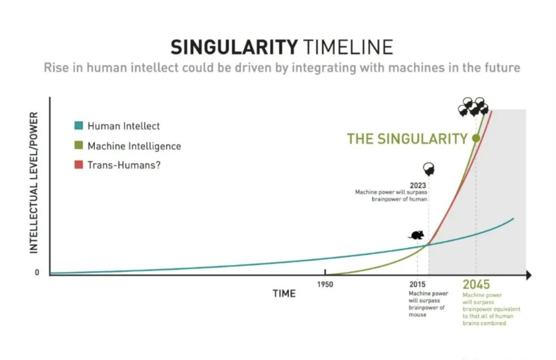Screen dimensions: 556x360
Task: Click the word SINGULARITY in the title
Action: tap(234, 47)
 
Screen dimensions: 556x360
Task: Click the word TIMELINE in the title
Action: tap(349, 47)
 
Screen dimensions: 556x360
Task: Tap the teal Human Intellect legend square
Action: tap(79, 126)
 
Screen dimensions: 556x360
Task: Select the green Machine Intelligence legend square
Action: tap(79, 145)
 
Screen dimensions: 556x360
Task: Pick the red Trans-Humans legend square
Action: tap(79, 165)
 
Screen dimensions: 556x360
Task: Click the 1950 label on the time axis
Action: tap(325, 284)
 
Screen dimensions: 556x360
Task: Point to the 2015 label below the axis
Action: tap(417, 284)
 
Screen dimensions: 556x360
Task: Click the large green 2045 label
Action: tap(476, 284)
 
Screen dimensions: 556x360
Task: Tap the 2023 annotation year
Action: tap(418, 185)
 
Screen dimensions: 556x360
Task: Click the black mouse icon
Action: tap(417, 235)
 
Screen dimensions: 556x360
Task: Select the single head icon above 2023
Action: tap(429, 169)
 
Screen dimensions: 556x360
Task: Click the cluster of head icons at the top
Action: tap(473, 107)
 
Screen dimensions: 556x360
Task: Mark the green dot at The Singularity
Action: tap(476, 138)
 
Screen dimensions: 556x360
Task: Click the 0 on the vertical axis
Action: tap(37, 272)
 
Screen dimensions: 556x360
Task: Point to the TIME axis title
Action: tap(284, 293)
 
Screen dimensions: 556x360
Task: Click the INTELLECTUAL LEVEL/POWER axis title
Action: tap(34, 183)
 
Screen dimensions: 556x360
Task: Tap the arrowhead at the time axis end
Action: tap(529, 275)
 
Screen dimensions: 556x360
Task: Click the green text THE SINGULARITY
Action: tap(407, 139)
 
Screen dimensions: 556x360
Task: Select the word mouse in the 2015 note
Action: tap(417, 315)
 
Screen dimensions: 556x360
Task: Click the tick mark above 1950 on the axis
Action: tap(325, 272)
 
